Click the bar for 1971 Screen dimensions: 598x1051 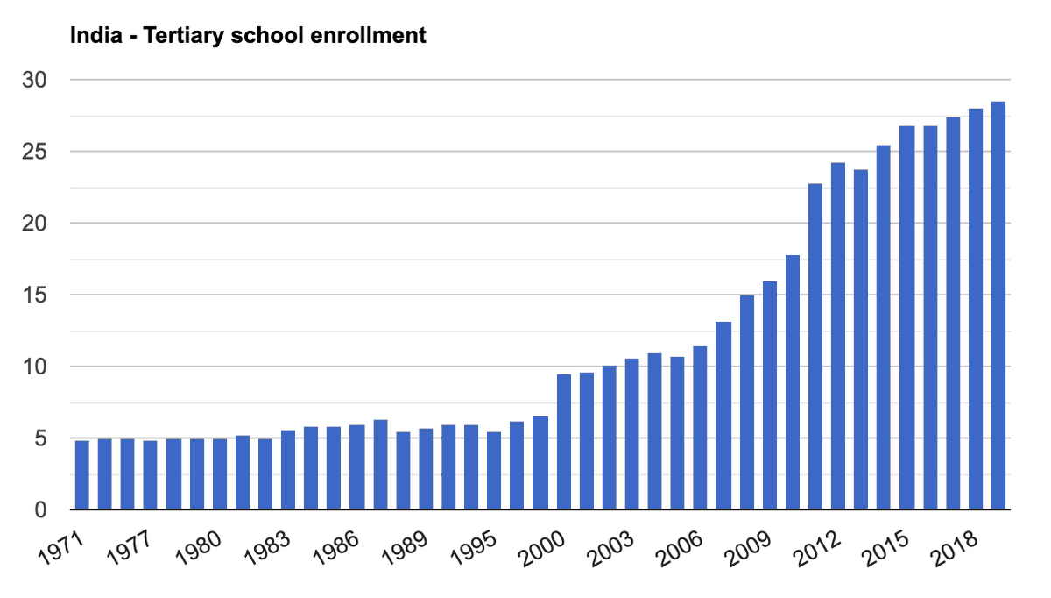[82, 474]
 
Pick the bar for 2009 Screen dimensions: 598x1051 [770, 395]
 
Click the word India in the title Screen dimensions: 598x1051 [92, 36]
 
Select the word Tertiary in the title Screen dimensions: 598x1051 [180, 36]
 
